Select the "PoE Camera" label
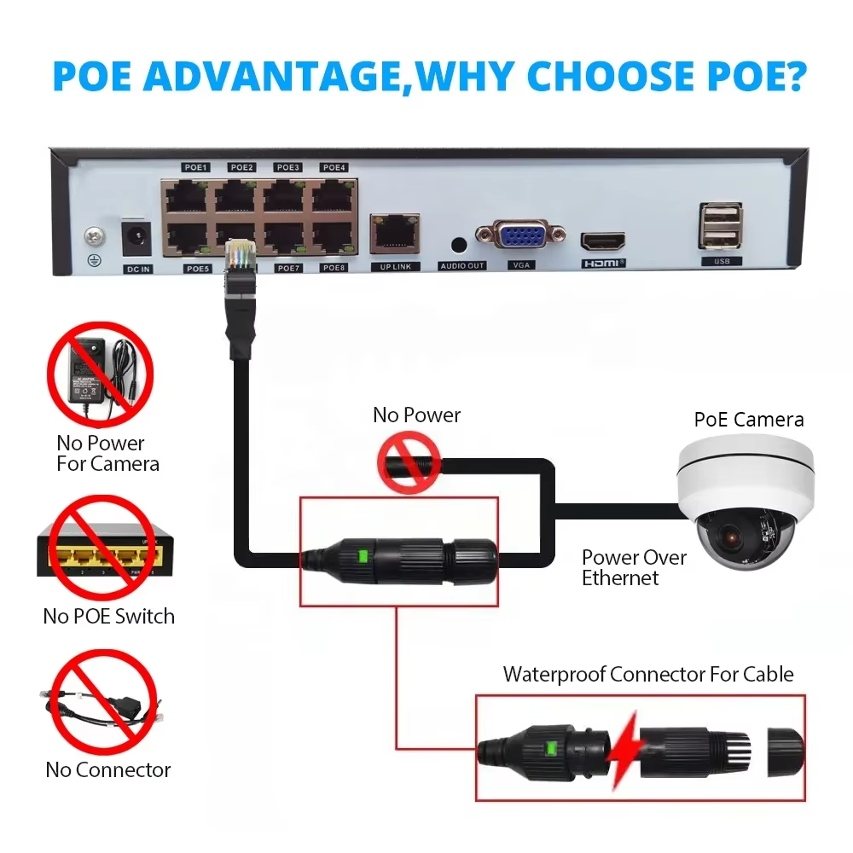click(x=748, y=420)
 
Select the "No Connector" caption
click(x=108, y=769)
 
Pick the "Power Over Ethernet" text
click(x=634, y=567)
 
